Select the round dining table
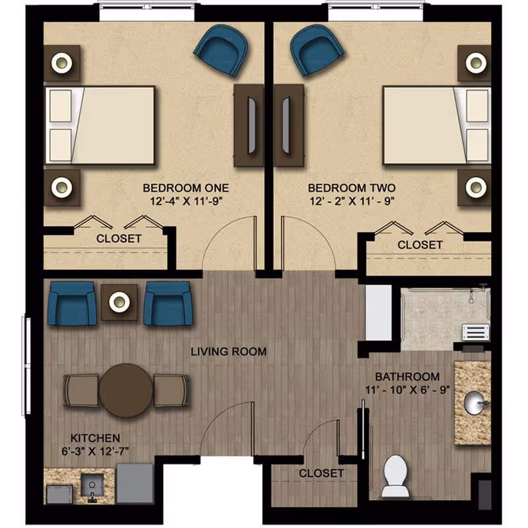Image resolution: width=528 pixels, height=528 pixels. tap(126, 391)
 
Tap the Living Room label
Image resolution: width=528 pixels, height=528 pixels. tap(228, 352)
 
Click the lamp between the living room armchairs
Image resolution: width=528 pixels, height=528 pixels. tap(119, 302)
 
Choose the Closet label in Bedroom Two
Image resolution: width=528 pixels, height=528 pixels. tap(420, 245)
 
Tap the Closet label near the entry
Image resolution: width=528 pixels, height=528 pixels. tap(321, 473)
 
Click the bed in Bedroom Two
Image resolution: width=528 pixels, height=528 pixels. tap(436, 125)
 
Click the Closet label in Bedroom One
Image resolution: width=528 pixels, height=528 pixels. tap(119, 238)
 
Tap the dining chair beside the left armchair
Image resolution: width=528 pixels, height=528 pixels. tap(80, 391)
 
